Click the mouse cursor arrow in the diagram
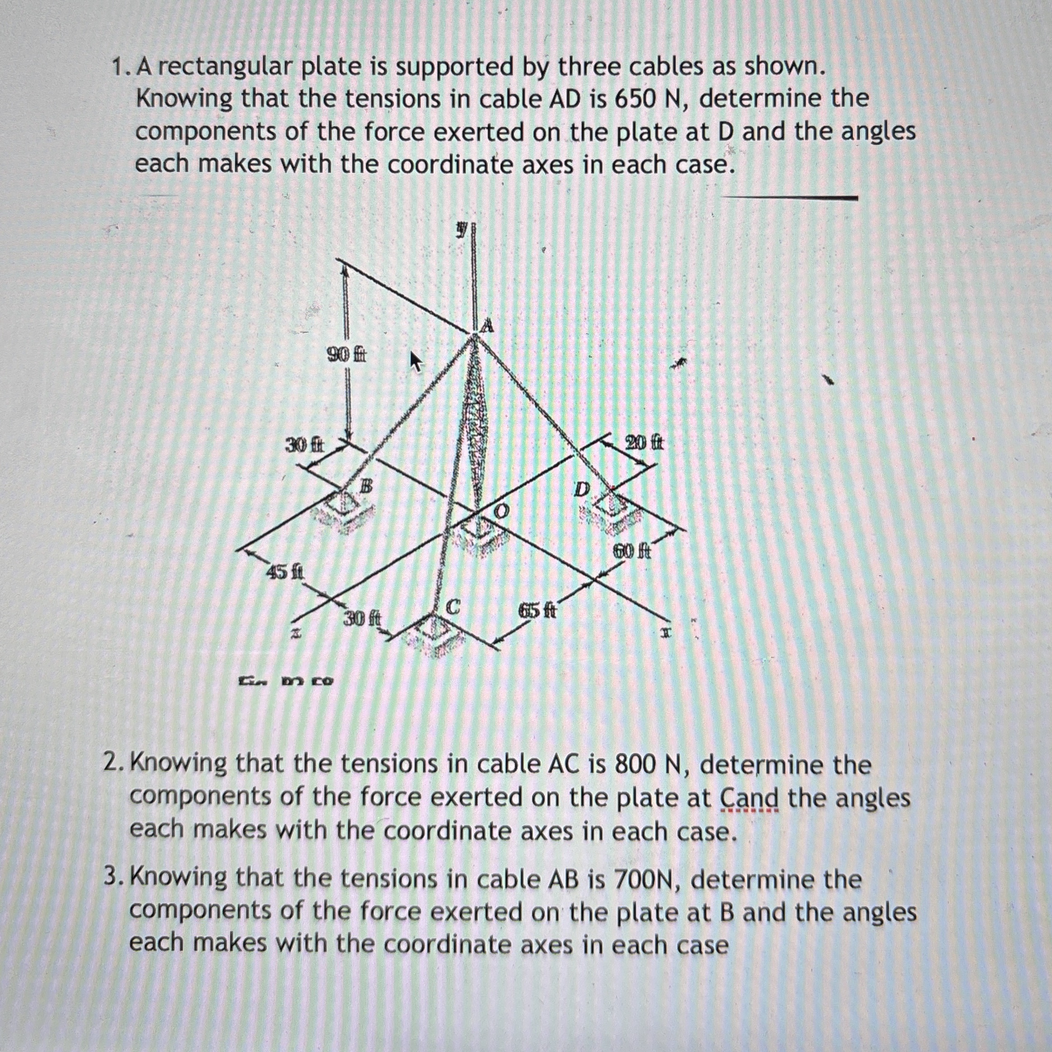point(416,361)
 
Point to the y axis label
point(462,230)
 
